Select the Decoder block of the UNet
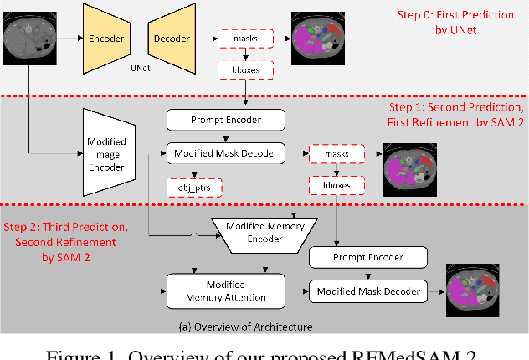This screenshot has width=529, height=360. click(172, 39)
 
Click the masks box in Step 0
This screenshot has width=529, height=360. click(240, 38)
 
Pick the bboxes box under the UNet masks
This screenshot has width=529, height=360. click(240, 71)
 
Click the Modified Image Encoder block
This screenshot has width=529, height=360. click(107, 155)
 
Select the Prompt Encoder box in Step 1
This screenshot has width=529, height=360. click(225, 121)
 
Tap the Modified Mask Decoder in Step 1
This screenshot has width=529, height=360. click(225, 153)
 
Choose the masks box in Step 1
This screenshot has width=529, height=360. click(335, 154)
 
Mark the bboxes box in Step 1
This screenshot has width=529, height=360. click(335, 186)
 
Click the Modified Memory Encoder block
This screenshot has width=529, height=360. click(264, 233)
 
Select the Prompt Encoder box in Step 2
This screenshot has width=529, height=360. click(368, 257)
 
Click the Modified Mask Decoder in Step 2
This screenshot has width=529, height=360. click(367, 291)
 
